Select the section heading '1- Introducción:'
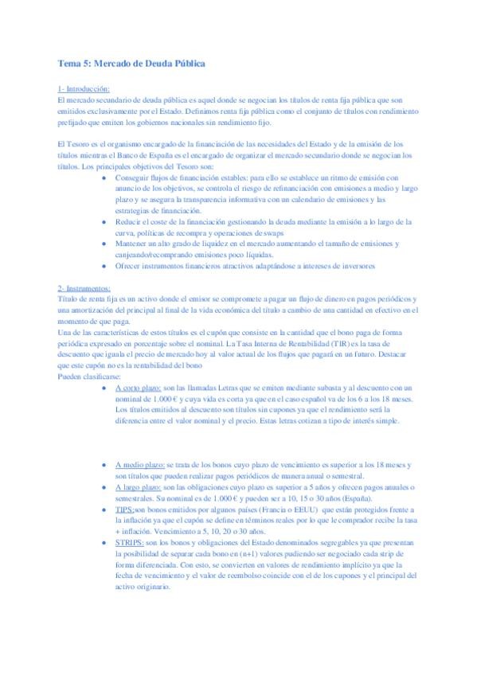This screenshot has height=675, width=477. pyautogui.click(x=84, y=88)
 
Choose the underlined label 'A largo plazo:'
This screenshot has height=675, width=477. pyautogui.click(x=139, y=484)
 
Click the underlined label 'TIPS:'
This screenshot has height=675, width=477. pyautogui.click(x=124, y=507)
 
